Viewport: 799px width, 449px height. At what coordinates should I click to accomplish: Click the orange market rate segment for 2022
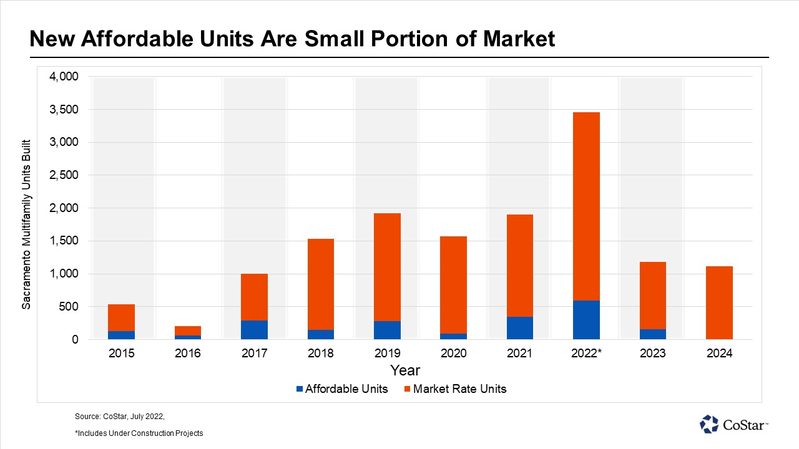click(586, 206)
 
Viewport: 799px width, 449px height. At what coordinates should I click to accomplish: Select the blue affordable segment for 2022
click(586, 320)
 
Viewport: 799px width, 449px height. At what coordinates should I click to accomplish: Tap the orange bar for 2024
click(719, 302)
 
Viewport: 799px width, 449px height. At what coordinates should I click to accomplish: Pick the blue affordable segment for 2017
click(254, 330)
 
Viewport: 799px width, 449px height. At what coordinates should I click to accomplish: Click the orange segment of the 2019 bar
click(387, 267)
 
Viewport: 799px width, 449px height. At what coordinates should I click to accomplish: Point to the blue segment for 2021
click(519, 328)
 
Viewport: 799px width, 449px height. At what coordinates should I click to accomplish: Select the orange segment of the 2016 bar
click(188, 331)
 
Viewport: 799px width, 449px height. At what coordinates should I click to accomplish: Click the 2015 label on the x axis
click(121, 354)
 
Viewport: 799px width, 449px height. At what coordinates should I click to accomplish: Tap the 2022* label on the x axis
click(586, 354)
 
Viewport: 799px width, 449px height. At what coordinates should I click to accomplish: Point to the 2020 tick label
click(453, 354)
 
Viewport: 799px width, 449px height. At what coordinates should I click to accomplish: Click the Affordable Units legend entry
click(342, 389)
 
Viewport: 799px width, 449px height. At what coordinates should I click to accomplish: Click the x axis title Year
click(405, 370)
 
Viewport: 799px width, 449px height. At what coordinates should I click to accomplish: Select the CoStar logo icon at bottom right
click(709, 424)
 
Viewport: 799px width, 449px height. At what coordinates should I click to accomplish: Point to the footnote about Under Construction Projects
click(139, 433)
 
